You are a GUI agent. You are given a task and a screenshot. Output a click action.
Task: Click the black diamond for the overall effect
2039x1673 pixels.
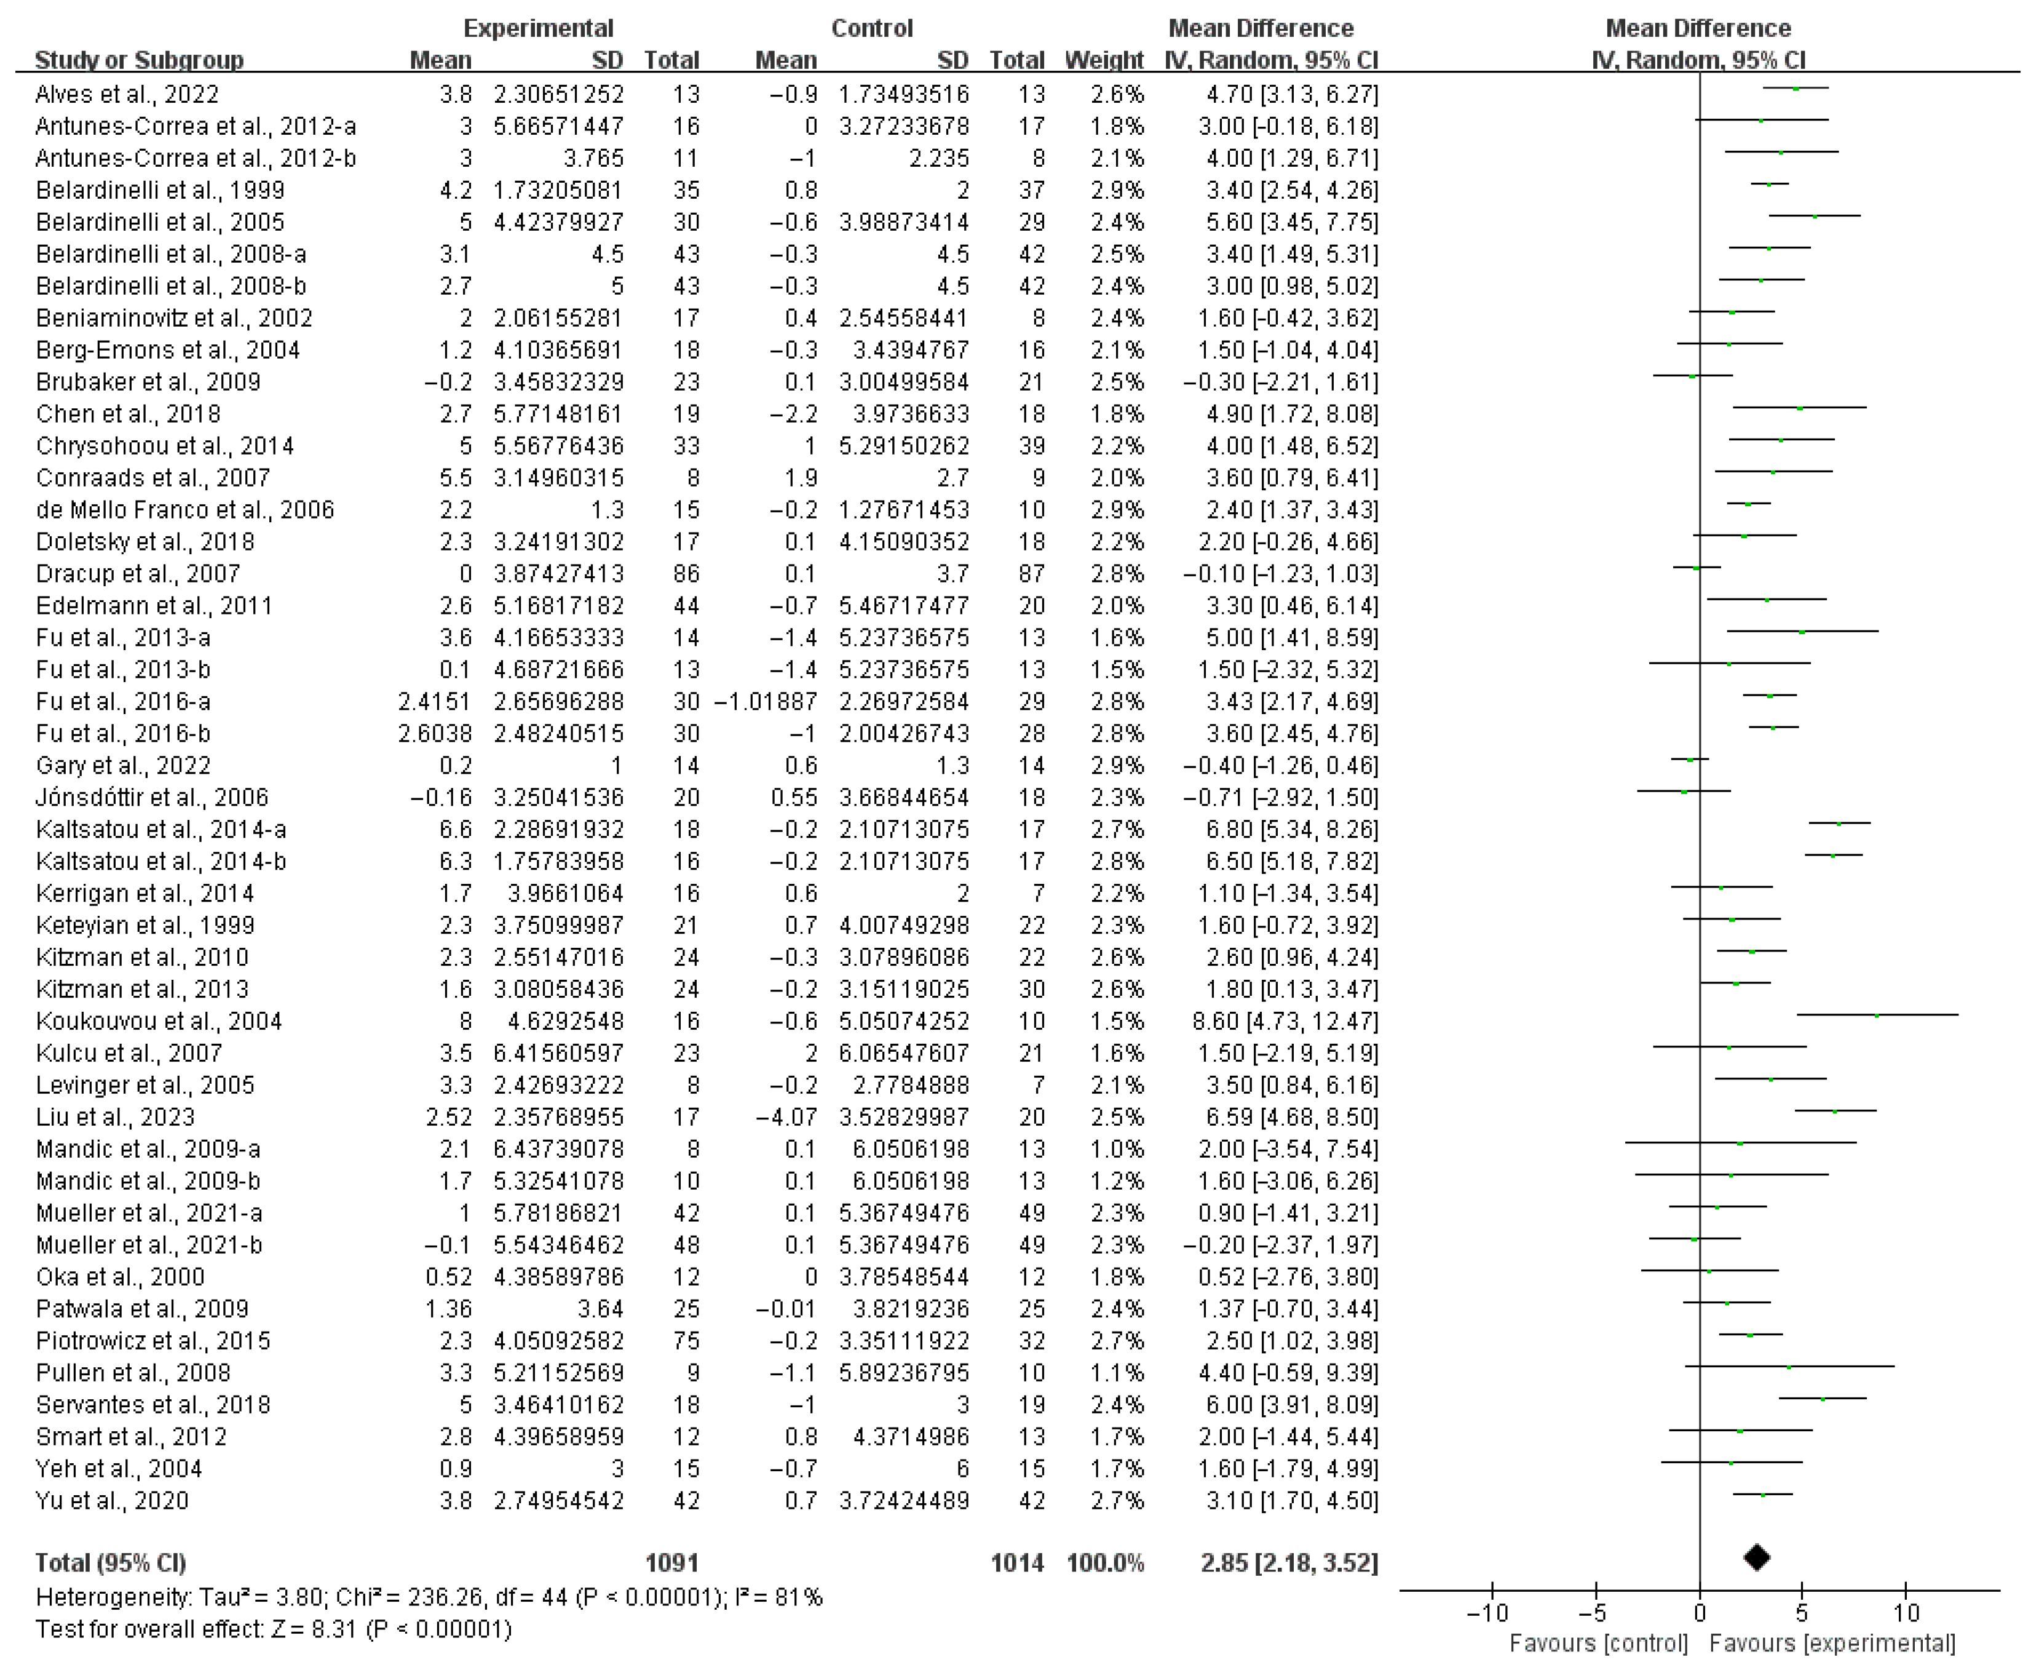[1757, 1557]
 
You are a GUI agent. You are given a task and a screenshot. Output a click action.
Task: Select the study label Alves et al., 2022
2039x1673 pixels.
[127, 95]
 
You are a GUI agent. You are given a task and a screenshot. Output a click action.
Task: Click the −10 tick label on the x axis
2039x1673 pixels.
[1487, 1613]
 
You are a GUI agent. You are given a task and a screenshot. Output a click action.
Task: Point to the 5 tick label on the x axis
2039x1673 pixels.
[1802, 1613]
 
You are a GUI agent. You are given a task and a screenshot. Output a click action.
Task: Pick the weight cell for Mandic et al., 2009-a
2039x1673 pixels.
[1118, 1149]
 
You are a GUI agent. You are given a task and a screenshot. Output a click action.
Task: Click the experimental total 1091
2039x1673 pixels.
[671, 1562]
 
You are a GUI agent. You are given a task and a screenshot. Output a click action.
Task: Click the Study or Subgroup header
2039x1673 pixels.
[139, 60]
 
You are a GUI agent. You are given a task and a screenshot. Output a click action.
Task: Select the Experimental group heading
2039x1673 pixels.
[537, 28]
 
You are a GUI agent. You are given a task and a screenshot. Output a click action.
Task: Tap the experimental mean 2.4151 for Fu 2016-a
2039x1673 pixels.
[435, 702]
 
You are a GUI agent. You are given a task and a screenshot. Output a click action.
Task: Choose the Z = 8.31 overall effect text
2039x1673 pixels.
[274, 1629]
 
